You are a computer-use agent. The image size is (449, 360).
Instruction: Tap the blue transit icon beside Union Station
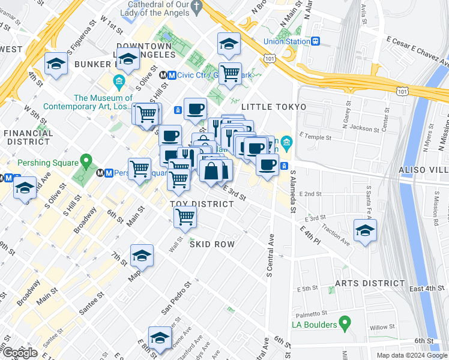pos(315,41)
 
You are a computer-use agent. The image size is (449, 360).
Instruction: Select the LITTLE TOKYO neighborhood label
pos(274,107)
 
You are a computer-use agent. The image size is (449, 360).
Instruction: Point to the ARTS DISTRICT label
pos(370,283)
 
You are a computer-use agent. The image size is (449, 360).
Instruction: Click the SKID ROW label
pos(212,245)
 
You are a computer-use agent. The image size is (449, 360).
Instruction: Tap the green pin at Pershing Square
pos(86,161)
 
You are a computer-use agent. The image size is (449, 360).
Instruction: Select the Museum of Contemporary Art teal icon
pos(118,80)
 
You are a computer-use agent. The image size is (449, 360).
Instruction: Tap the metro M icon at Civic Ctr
pos(172,76)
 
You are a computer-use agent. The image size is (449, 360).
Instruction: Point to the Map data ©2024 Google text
pos(411,355)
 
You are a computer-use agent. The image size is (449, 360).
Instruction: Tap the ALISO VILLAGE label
pos(424,171)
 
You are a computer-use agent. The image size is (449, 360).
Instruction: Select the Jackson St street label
pos(365,128)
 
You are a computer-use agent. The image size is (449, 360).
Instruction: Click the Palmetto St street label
pos(309,313)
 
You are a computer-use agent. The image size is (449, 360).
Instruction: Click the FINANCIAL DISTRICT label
pos(28,137)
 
